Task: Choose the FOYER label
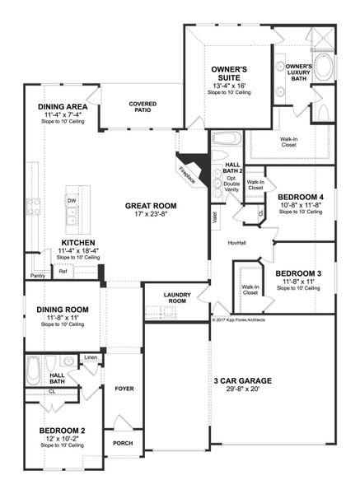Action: point(124,388)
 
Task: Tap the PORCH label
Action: point(123,443)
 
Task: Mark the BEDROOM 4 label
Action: point(300,196)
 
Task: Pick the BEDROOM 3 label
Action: point(297,273)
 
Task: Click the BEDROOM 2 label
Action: point(62,431)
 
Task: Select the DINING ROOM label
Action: point(62,310)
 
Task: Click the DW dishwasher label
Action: point(72,200)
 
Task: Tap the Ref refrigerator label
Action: point(63,270)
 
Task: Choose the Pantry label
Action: point(37,276)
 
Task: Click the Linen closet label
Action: point(91,357)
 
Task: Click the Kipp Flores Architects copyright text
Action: point(239,319)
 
